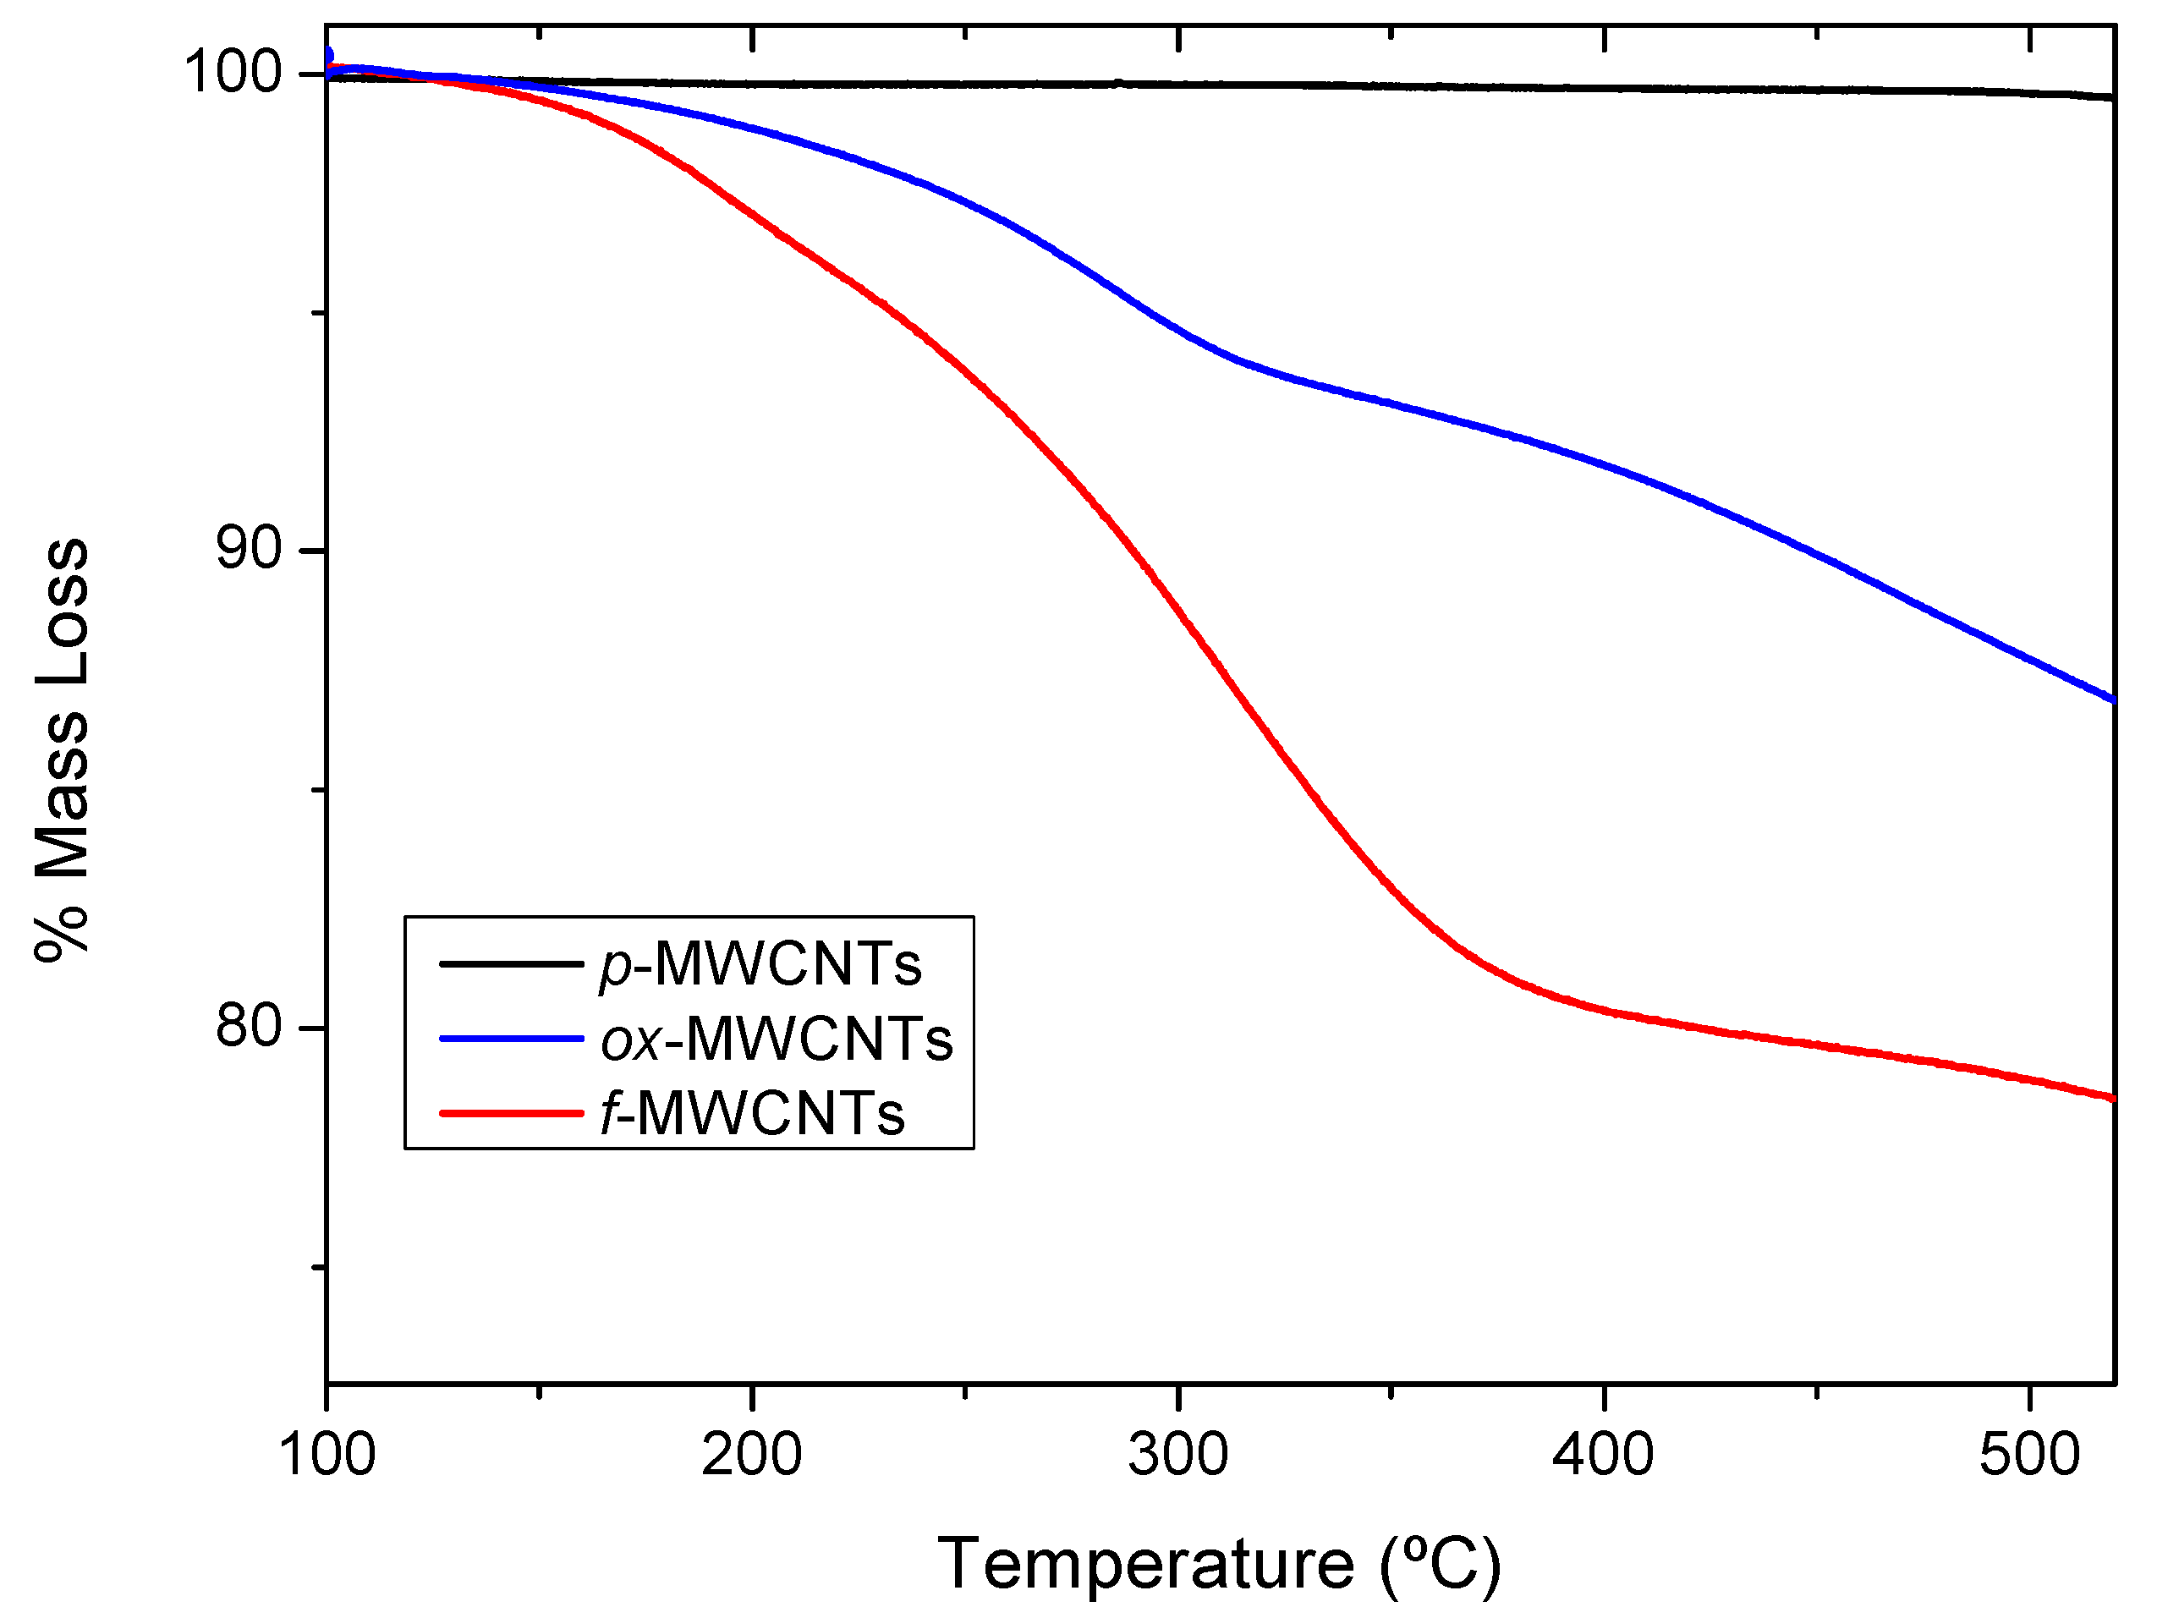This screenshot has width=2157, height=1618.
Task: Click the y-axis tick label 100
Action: coord(233,72)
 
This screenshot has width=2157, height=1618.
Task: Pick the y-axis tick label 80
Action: coord(249,1026)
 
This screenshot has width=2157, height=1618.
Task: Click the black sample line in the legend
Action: coord(511,963)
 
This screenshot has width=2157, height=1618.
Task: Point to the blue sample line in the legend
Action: coord(511,1039)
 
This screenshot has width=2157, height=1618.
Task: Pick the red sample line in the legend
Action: coord(511,1113)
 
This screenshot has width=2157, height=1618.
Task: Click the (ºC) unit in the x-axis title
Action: coord(1441,1566)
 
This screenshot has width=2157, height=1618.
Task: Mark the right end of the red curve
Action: coord(2110,1097)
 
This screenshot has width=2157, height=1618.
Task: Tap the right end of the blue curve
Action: coord(2110,699)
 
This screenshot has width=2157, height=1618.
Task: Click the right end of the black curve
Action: coord(2110,97)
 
